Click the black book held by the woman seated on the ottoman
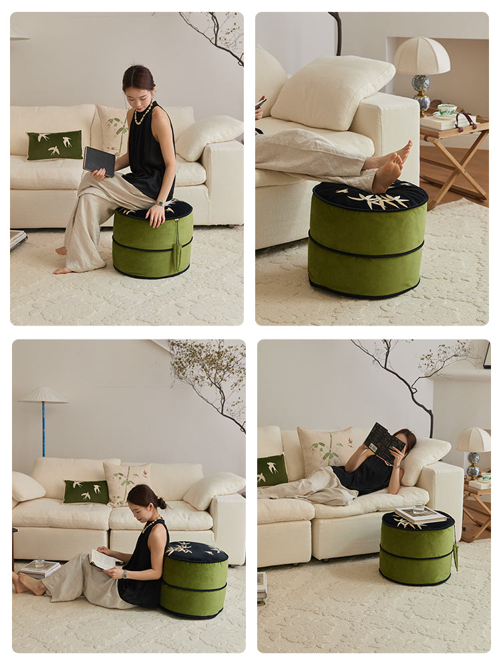98,160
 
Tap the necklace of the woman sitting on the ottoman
142,116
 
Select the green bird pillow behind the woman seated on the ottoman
55,145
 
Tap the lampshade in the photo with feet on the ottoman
422,57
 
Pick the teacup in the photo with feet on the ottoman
447,109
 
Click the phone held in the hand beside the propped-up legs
261,103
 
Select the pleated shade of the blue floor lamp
43,396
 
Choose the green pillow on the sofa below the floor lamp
86,492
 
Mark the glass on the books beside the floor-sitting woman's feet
39,562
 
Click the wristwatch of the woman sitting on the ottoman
161,203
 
